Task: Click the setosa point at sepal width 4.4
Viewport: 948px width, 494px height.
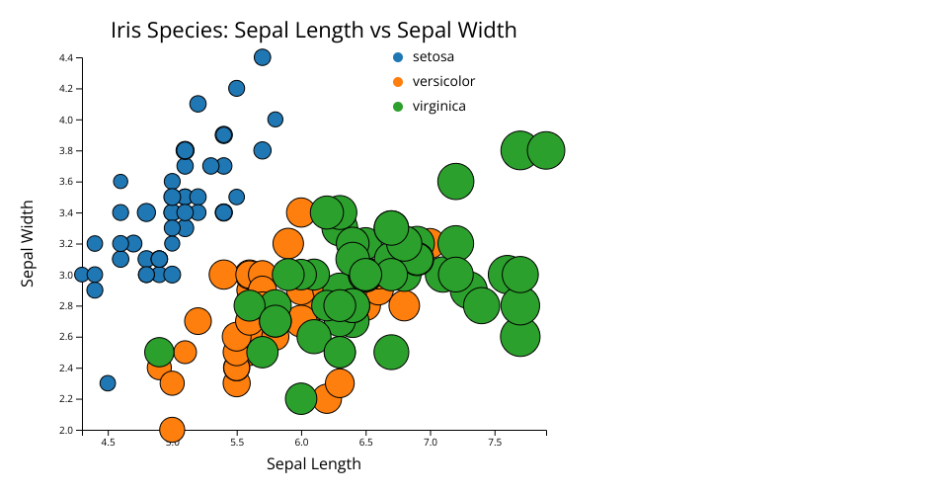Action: (262, 57)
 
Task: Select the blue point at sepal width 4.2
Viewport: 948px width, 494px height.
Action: (236, 88)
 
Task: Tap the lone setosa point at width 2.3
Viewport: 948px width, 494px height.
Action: (108, 382)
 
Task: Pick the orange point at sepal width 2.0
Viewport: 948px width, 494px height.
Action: (172, 430)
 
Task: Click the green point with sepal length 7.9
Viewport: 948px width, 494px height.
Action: (546, 150)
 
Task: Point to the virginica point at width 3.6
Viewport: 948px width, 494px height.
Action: (455, 182)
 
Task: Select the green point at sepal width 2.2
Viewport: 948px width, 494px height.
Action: (300, 398)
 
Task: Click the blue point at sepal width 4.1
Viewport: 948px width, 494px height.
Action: (197, 104)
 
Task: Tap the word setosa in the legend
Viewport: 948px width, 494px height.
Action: (433, 57)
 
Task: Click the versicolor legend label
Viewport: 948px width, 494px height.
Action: (443, 82)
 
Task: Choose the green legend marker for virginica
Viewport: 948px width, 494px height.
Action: (398, 107)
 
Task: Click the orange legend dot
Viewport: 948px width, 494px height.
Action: (398, 82)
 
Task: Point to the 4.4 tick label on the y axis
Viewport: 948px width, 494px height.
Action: (66, 58)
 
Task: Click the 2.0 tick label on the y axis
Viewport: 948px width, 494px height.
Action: (66, 431)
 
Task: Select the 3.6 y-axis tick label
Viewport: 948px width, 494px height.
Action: (66, 182)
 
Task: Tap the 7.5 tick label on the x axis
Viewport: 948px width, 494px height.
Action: (495, 442)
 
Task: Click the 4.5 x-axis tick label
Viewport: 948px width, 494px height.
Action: (108, 442)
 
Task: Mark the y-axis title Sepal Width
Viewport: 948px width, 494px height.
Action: (28, 244)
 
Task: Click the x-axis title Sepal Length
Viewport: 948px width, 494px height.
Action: (314, 463)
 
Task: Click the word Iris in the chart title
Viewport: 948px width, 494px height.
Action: (125, 30)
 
